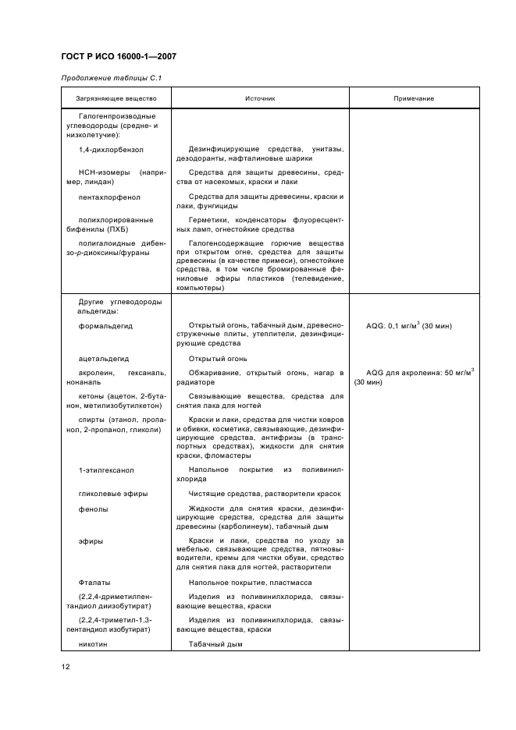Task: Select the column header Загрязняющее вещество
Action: click(x=116, y=98)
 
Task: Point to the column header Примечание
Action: click(x=414, y=98)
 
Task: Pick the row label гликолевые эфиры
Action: click(x=113, y=494)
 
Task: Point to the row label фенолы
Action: click(x=94, y=509)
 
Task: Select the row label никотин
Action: click(x=95, y=644)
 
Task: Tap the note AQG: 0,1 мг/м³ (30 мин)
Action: click(x=408, y=325)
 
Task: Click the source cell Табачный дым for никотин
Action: click(x=216, y=644)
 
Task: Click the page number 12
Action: click(x=66, y=667)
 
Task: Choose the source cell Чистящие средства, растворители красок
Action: click(x=265, y=494)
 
